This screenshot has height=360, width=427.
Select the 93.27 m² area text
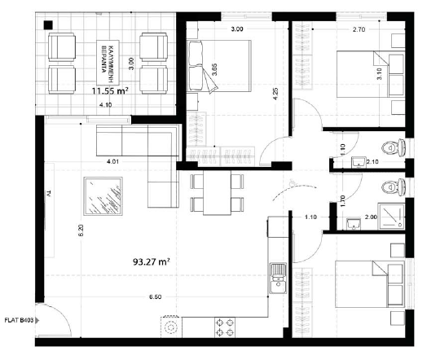150,262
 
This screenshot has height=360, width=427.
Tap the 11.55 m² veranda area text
110,93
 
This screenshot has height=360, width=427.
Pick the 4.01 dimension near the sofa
113,161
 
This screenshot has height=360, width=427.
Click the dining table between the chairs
217,193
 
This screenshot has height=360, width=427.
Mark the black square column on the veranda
51,25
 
